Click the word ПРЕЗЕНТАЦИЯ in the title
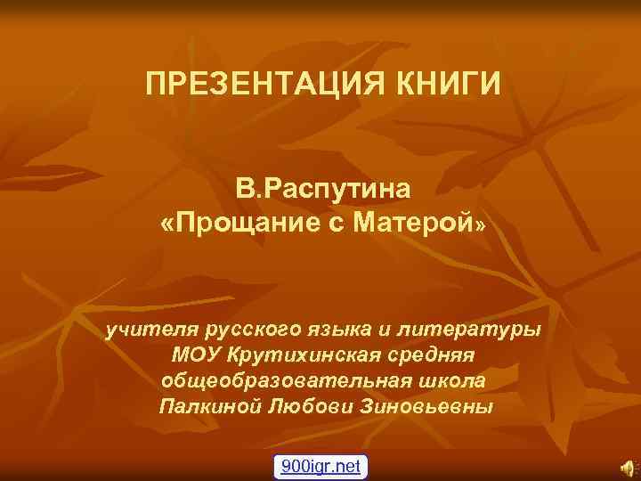253,86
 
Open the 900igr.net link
321,465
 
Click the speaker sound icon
628,465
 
